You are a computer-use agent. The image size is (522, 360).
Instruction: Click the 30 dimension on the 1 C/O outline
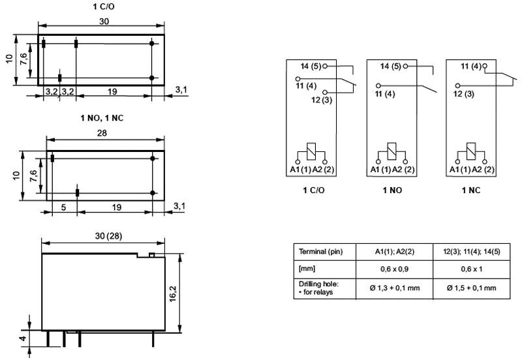(x=104, y=22)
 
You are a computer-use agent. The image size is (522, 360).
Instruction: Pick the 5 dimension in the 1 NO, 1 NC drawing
(x=63, y=207)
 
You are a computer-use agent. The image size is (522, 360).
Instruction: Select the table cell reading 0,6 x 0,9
(x=394, y=269)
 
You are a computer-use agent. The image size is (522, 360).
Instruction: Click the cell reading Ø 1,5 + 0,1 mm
(x=471, y=288)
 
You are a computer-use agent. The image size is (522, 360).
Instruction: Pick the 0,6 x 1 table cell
(x=471, y=269)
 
